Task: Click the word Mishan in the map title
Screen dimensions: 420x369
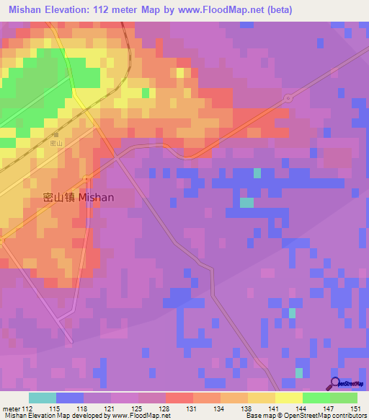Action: click(26, 9)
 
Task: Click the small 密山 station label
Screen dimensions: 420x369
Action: click(55, 144)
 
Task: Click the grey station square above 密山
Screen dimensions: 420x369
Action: click(55, 135)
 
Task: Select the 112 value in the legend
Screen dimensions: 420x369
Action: click(27, 408)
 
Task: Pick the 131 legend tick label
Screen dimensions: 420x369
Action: click(192, 408)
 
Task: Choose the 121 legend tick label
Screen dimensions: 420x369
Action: click(110, 408)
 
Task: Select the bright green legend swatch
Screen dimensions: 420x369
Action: click(316, 398)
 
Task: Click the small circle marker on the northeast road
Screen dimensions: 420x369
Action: click(288, 97)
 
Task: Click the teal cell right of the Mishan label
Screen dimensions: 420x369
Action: click(246, 203)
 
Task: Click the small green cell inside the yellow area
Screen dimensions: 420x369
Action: click(146, 92)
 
